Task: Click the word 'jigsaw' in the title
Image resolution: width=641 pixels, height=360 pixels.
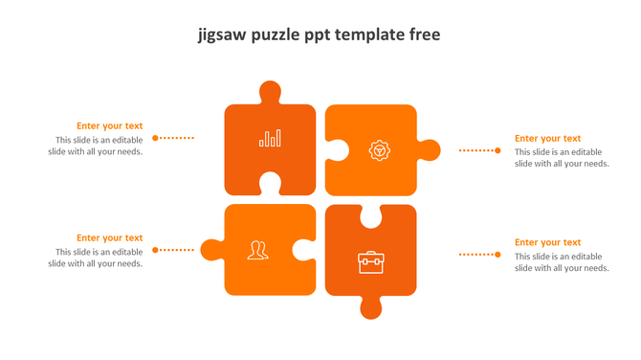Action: [223, 35]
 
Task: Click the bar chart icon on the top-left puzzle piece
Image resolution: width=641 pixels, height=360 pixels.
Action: [270, 138]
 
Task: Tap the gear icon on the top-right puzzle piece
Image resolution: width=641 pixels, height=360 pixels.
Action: [380, 150]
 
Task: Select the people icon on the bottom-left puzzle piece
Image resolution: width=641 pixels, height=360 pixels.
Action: [256, 250]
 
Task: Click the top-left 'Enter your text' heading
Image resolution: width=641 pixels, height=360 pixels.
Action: [110, 125]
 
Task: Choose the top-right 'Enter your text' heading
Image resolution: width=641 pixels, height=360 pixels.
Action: [547, 138]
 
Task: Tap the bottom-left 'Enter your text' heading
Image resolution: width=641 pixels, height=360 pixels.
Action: [110, 237]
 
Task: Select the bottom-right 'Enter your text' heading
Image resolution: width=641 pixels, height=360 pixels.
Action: [547, 242]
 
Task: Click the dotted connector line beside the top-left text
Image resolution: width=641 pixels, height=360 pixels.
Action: [174, 138]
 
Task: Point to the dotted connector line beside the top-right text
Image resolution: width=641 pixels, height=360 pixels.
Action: [478, 150]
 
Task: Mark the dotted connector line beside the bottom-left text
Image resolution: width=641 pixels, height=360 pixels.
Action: [174, 250]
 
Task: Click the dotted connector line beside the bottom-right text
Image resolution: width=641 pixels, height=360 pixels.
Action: [478, 254]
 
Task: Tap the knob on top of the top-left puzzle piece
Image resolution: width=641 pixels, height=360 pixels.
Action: [270, 93]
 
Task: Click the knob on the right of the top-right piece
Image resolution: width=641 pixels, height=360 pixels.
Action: [430, 150]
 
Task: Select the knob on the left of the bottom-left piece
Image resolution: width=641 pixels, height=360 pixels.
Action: [211, 250]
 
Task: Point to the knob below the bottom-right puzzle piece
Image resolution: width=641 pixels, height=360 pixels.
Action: [370, 307]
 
